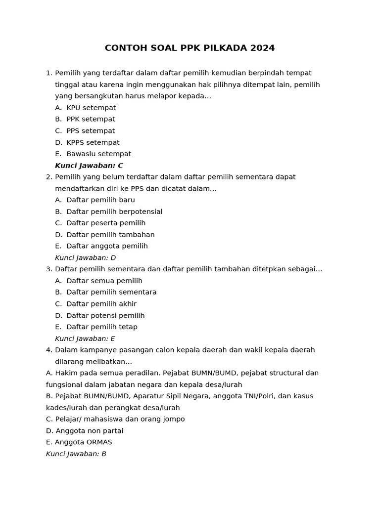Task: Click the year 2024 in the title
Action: point(262,48)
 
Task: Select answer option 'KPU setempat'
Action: point(91,108)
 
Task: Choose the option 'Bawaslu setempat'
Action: point(98,154)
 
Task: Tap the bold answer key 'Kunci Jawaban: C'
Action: point(89,166)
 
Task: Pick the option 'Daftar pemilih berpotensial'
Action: point(114,211)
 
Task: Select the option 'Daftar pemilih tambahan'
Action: point(110,235)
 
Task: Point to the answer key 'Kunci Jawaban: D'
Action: point(86,257)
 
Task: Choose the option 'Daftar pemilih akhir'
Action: point(101,304)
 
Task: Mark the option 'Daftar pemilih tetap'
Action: point(102,327)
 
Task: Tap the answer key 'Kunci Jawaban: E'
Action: point(85,338)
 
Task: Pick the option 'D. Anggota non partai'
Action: point(85,430)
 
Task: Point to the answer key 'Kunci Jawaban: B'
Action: point(76,454)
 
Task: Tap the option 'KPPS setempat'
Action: point(93,142)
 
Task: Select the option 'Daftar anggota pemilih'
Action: point(107,246)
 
